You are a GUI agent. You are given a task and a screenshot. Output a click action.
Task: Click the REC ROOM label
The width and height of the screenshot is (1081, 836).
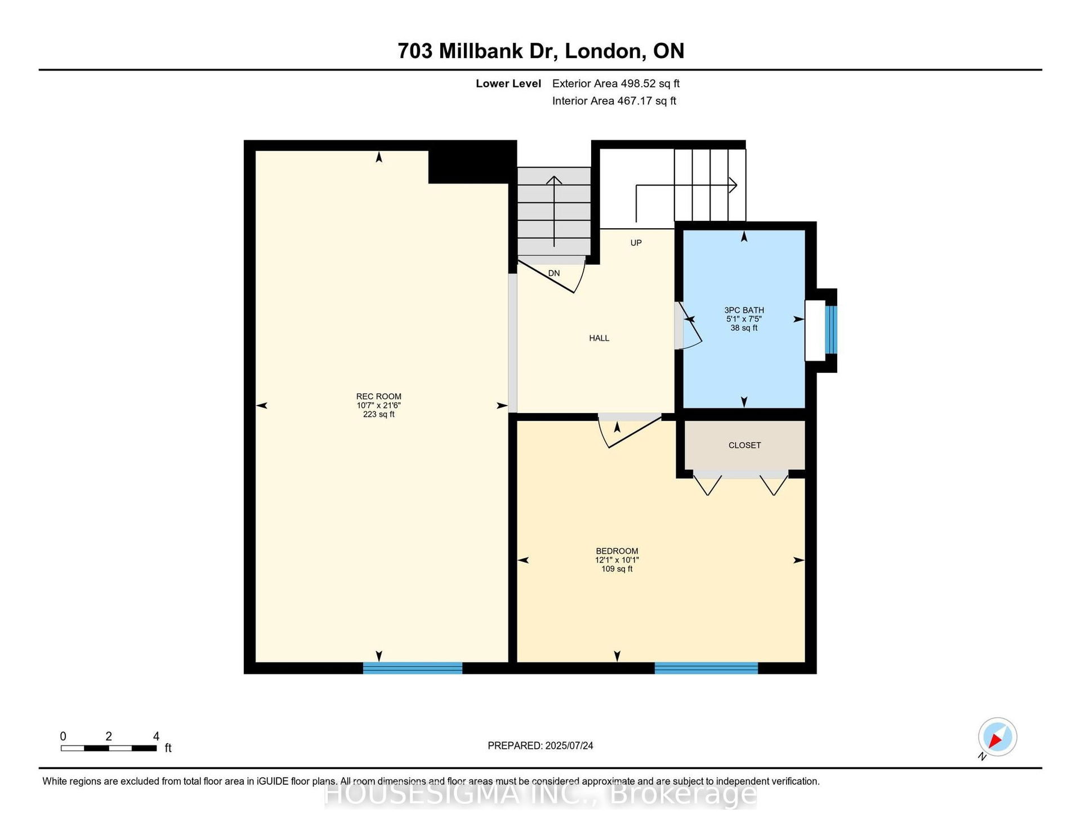pos(378,396)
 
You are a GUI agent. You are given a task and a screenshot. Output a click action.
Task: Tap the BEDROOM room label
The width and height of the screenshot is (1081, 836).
pos(617,551)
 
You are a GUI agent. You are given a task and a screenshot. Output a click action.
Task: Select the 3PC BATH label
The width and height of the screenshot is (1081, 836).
pos(744,310)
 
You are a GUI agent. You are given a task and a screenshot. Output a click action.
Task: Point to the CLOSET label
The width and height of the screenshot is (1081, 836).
pos(744,445)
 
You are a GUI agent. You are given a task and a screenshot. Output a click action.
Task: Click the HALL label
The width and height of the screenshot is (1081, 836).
pos(599,338)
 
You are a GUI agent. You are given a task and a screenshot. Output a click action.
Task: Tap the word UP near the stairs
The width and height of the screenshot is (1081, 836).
pos(636,243)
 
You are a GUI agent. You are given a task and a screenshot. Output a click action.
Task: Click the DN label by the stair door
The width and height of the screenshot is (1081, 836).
pos(554,273)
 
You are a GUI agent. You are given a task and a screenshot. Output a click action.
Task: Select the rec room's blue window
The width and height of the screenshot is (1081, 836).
pos(413,668)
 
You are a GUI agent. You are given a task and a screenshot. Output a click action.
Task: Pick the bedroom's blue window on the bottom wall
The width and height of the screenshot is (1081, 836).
pos(706,668)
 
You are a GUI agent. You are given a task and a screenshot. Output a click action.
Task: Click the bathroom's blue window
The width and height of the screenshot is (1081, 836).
pos(831,330)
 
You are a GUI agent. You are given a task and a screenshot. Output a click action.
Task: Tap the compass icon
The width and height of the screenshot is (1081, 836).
pos(997,737)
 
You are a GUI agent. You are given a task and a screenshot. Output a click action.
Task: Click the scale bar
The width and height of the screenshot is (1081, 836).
pos(109,748)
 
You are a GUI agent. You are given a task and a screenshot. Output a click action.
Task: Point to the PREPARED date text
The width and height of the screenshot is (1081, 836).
pos(540,745)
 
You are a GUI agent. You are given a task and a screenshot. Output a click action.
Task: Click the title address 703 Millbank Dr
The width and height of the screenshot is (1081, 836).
pos(477,51)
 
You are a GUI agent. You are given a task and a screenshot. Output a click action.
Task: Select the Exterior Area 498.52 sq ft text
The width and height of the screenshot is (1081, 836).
pos(616,83)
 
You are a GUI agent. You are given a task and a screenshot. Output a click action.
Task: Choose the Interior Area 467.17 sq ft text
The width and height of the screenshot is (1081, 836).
pos(614,101)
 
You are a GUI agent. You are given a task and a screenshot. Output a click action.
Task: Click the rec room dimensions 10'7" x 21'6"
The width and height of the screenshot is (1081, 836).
pos(378,405)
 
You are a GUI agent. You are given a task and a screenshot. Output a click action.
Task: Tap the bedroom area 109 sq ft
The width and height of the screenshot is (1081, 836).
pos(617,569)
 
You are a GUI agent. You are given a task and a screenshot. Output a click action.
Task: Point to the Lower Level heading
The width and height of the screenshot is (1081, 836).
pos(508,83)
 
